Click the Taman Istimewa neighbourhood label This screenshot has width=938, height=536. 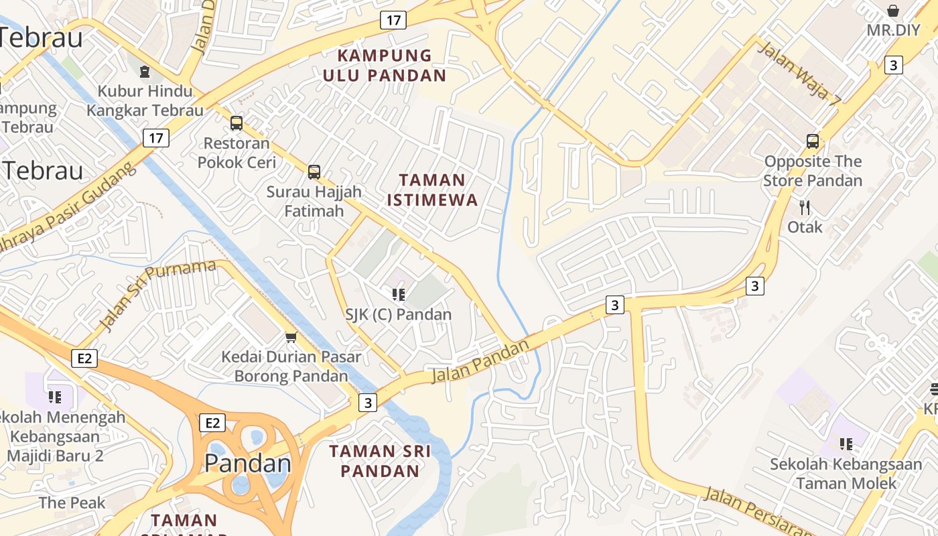pos(432,190)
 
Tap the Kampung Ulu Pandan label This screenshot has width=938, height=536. pos(385,65)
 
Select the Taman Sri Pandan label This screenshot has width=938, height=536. pos(380,461)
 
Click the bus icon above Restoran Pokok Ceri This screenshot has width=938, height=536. pos(237,123)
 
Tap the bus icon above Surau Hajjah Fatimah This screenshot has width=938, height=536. pos(314,172)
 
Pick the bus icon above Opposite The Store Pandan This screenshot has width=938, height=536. pos(813,141)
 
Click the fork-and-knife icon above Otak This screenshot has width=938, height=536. pos(805,208)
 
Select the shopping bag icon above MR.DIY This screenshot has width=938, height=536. pos(893,11)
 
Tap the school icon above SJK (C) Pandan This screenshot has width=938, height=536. pos(399,294)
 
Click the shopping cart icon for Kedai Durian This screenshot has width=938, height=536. pos(291,337)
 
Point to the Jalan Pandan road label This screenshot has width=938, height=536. pos(480,362)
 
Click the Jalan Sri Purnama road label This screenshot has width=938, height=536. pos(158,294)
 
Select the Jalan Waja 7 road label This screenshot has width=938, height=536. pos(799,74)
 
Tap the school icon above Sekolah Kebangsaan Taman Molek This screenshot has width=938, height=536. pos(846,444)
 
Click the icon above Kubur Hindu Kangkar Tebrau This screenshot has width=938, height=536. pos(144,71)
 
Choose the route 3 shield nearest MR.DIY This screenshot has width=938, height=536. pos(893,65)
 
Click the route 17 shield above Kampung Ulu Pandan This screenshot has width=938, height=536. pos(393,20)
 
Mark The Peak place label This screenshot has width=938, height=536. pos(72,503)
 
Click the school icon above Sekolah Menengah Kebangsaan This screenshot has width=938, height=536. pos(55,397)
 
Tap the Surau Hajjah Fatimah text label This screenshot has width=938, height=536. pos(314,201)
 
